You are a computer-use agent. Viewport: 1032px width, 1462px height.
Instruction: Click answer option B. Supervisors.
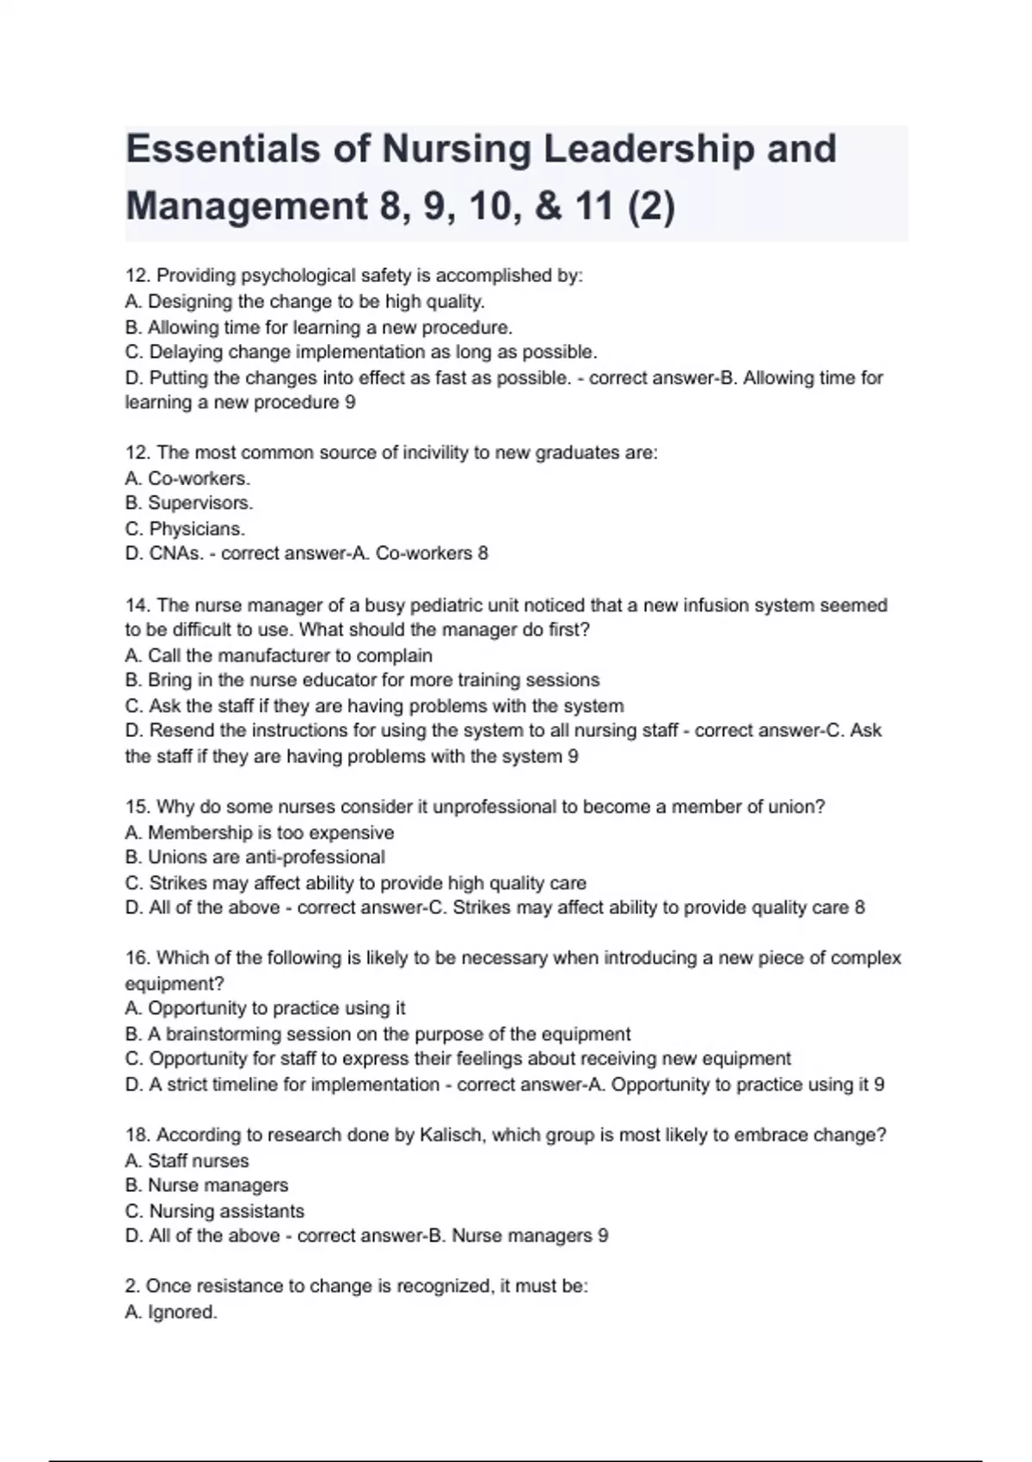[x=189, y=503]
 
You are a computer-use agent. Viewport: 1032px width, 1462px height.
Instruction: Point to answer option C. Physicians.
[x=185, y=529]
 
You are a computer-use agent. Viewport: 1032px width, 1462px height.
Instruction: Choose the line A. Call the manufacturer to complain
[x=279, y=656]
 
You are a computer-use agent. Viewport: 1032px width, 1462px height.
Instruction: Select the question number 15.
[x=138, y=808]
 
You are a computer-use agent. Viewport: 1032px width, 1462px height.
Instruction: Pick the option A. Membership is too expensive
[x=259, y=833]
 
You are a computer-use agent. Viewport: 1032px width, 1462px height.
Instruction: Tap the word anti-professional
[x=315, y=857]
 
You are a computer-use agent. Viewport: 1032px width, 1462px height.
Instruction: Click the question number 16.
[x=138, y=958]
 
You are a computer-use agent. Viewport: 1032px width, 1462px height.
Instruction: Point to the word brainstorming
[x=222, y=1035]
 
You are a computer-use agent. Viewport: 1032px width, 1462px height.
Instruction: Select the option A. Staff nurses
[x=187, y=1161]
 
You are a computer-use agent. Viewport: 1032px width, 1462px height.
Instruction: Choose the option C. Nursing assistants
[x=214, y=1212]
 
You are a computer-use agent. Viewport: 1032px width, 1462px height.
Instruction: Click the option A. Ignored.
[x=171, y=1312]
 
